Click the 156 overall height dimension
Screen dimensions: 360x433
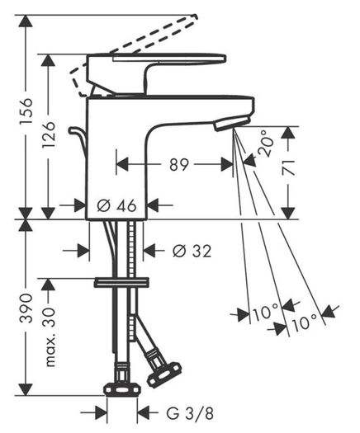26,111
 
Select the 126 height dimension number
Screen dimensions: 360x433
49,134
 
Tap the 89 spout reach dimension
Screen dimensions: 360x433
179,165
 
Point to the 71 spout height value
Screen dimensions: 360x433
288,167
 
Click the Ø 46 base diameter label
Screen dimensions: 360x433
116,205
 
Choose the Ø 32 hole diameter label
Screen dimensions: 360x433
192,251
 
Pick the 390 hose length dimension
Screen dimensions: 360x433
26,308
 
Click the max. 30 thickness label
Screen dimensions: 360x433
50,336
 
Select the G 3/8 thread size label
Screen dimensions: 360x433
190,413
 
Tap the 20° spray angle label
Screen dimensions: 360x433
266,143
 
